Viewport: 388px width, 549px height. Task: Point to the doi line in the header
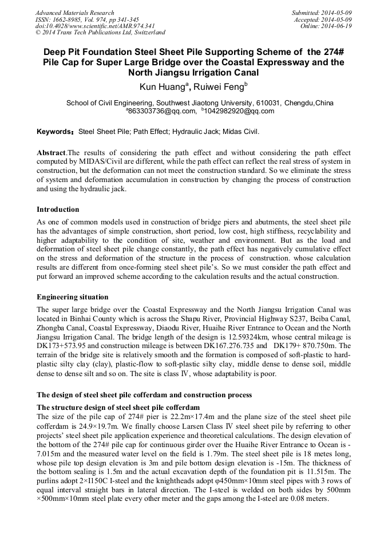tap(95, 26)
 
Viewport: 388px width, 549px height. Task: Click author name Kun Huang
tap(162, 88)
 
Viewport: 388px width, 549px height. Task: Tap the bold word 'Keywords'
tap(54, 132)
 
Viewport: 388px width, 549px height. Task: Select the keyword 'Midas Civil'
tap(241, 132)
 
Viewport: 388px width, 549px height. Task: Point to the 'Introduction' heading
tap(58, 210)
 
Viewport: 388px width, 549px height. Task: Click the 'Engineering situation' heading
tap(73, 297)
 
